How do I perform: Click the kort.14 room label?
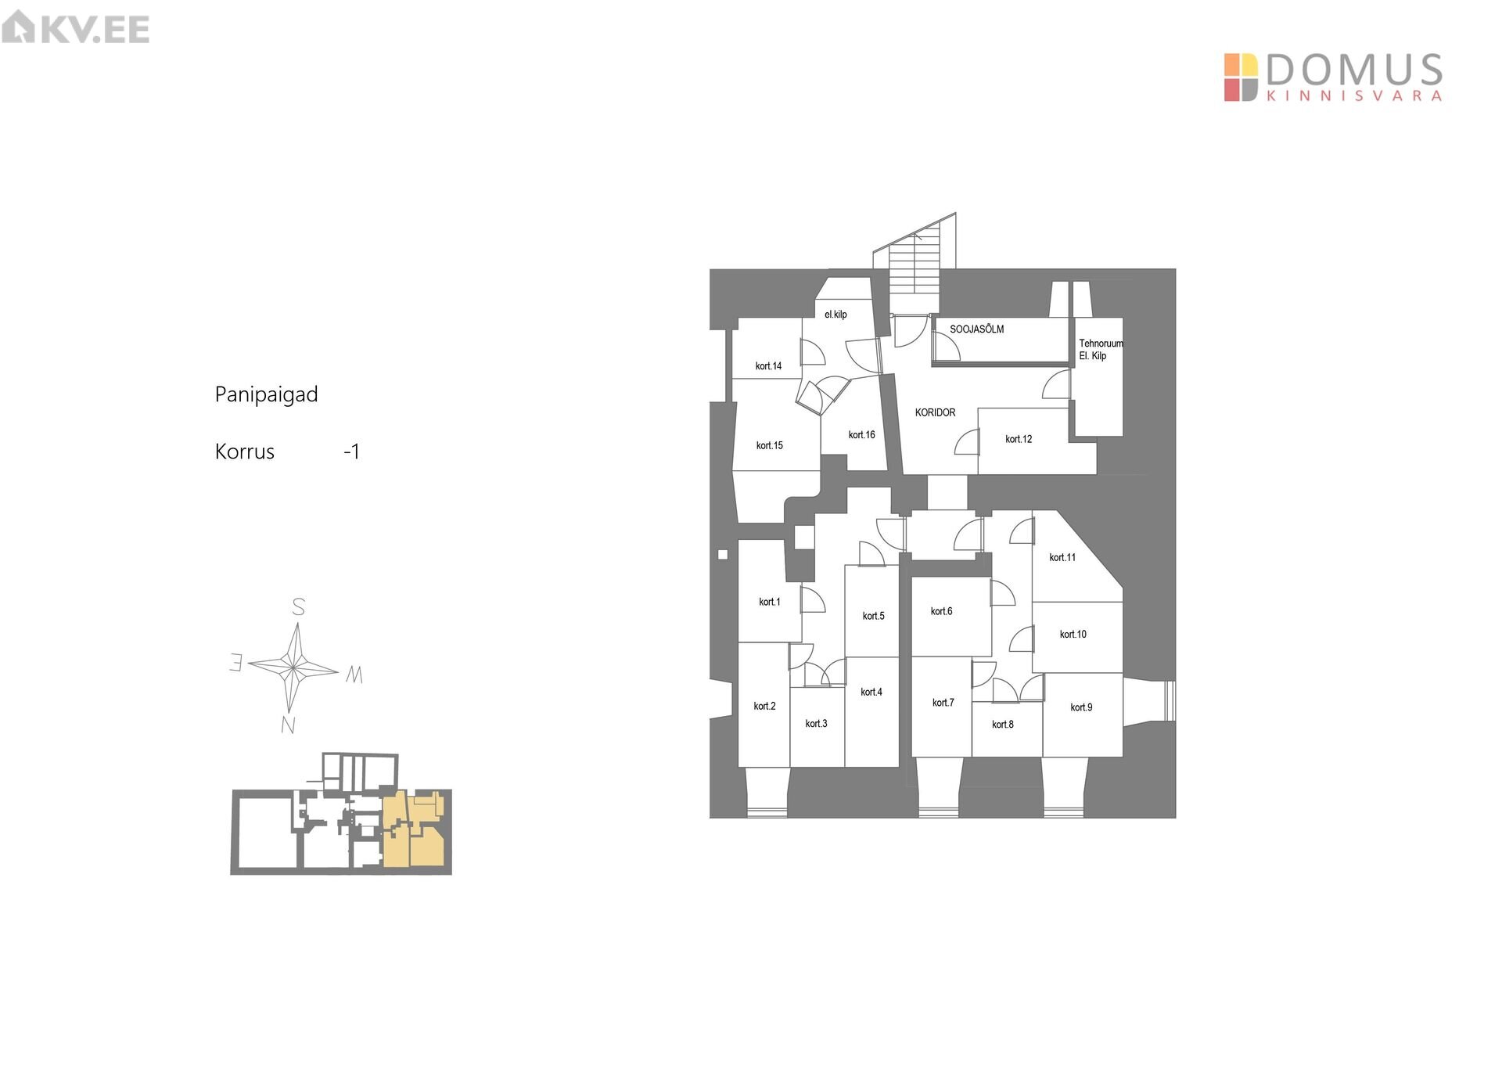(768, 366)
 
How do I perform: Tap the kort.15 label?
(769, 446)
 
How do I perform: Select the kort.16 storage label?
(861, 435)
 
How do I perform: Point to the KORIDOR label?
(935, 412)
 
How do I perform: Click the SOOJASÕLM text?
(976, 329)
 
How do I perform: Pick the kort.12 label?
(1019, 439)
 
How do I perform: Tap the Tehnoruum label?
(1101, 344)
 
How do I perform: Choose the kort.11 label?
(1062, 557)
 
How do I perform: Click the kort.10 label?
(1073, 635)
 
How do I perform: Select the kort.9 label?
(1081, 707)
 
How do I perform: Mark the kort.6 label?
(941, 611)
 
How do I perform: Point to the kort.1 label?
(769, 602)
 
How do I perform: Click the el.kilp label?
(835, 315)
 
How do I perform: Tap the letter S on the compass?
(298, 607)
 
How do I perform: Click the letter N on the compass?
(288, 725)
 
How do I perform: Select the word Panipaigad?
(266, 394)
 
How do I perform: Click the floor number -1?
(352, 452)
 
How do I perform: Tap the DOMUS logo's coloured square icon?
(1241, 77)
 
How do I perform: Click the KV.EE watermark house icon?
(18, 27)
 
